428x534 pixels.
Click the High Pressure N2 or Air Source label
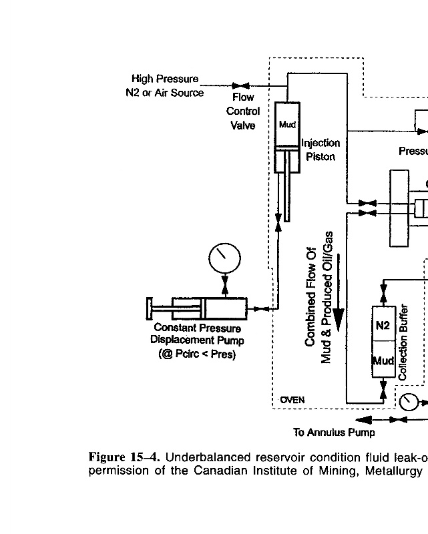164,86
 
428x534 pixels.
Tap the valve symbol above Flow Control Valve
241,85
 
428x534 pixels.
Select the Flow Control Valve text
243,111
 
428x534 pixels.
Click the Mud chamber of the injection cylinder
287,124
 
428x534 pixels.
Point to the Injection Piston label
320,150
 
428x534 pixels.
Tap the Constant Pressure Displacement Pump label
197,334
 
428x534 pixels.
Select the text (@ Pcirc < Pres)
197,354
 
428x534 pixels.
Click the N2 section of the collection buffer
382,326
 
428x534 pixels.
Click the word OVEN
292,400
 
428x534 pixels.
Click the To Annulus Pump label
334,432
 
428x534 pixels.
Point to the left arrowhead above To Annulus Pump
363,420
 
